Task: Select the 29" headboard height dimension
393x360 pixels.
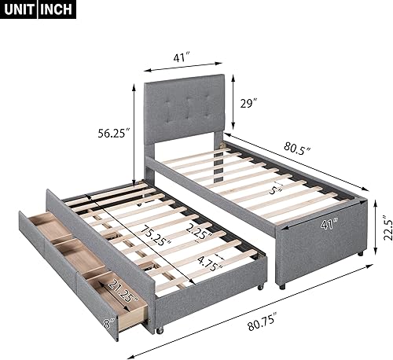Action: click(248, 104)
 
